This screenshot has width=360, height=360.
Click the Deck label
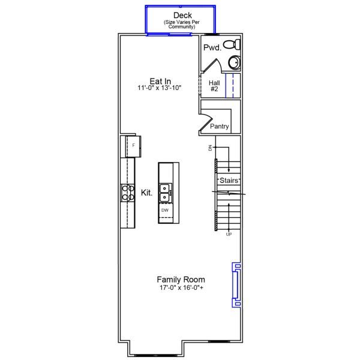(181, 15)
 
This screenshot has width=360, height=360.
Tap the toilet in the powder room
(231, 45)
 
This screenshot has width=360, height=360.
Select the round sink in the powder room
(234, 62)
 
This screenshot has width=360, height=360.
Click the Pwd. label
(211, 47)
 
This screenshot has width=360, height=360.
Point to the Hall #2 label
(214, 86)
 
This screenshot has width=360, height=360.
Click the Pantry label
(220, 127)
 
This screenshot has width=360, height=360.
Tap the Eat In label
(160, 81)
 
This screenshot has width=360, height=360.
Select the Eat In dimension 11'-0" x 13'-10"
(160, 88)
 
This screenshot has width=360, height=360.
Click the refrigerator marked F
(132, 145)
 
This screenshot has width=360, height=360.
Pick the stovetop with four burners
(128, 192)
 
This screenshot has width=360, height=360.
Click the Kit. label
(146, 193)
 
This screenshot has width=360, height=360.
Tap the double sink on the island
(165, 192)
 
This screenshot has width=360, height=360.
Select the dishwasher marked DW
(165, 211)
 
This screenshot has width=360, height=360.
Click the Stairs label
(229, 181)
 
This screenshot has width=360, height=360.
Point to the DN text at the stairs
(211, 148)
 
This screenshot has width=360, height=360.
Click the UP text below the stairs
(229, 234)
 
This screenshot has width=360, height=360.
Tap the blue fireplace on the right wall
(236, 285)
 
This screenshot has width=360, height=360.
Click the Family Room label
(181, 280)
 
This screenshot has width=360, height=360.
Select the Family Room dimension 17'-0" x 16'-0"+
(181, 288)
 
